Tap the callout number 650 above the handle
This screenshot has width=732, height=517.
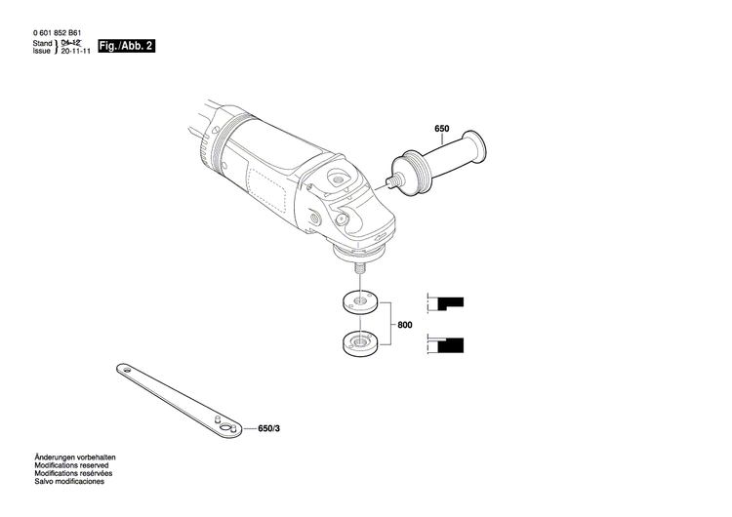click(x=441, y=129)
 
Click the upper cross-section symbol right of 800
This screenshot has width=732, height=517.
click(x=447, y=302)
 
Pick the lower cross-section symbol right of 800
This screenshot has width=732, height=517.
click(x=447, y=343)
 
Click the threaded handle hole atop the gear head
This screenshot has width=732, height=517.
click(x=339, y=178)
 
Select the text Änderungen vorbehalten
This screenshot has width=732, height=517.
click(x=75, y=457)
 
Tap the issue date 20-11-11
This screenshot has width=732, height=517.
click(x=76, y=52)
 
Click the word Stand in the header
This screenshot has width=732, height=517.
click(x=42, y=44)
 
